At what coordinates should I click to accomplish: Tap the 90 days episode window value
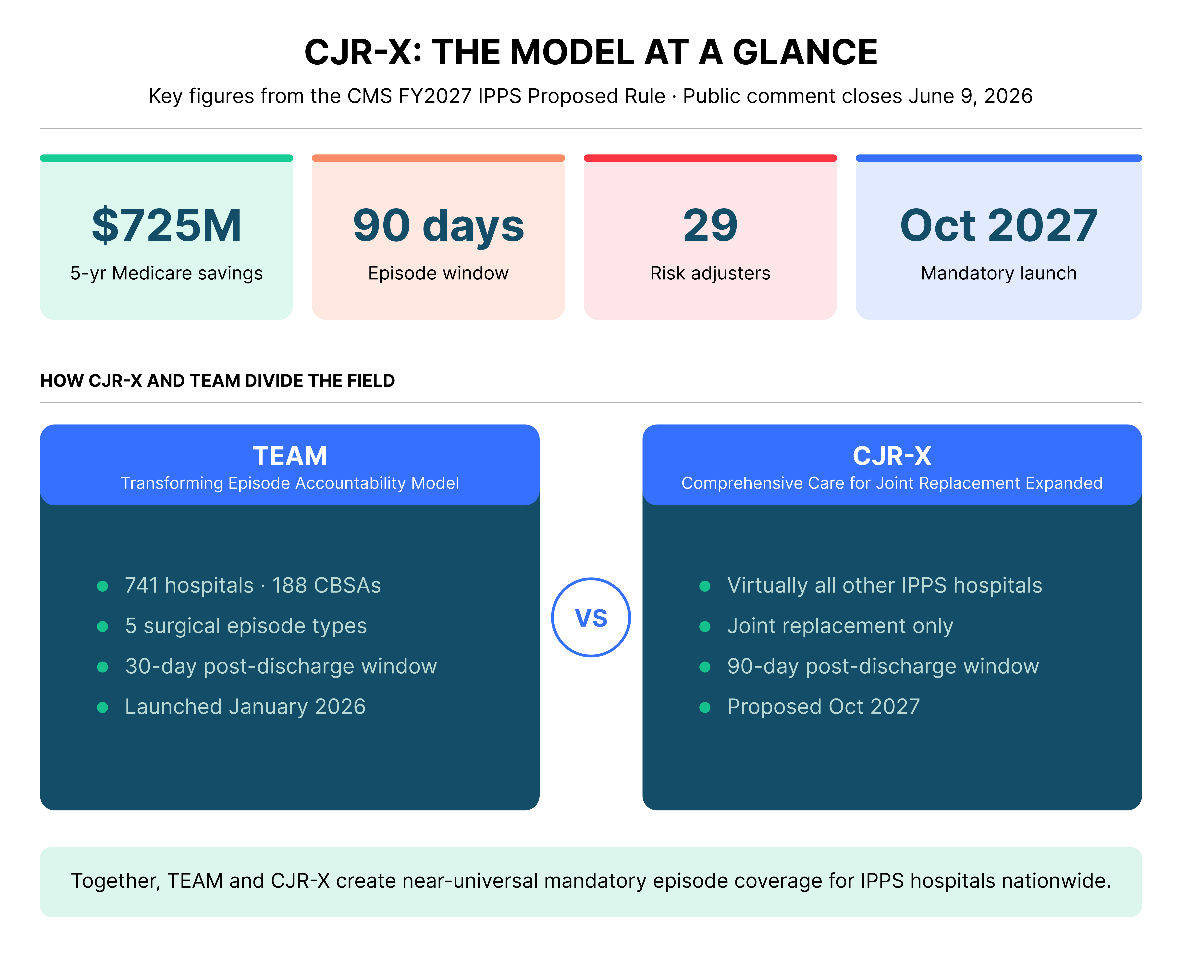pos(438,225)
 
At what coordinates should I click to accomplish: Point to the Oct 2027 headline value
pos(998,225)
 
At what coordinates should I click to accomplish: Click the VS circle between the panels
pos(591,617)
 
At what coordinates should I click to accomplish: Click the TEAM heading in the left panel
pos(290,456)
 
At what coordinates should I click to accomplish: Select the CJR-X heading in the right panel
pos(892,456)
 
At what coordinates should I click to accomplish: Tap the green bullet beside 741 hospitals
pos(102,586)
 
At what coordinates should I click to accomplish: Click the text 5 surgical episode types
pos(246,626)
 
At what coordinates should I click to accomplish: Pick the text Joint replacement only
pos(840,626)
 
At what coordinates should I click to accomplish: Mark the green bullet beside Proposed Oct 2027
pos(705,707)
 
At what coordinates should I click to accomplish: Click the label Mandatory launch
pos(998,274)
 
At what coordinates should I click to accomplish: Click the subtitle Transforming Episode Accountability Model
pos(290,483)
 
